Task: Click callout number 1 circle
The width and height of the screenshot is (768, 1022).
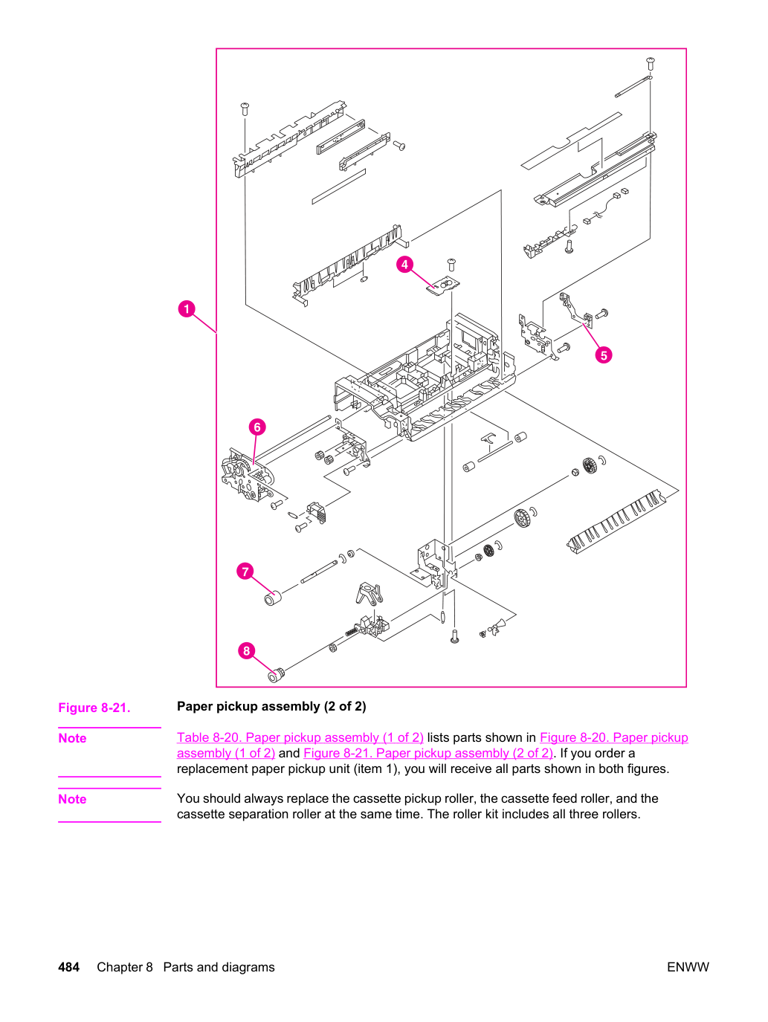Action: click(187, 308)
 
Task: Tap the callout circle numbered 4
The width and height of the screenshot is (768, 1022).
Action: click(404, 265)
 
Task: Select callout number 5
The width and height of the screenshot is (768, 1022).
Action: click(604, 355)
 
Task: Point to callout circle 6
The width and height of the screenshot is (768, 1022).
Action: click(257, 427)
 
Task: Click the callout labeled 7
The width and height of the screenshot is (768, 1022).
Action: click(245, 571)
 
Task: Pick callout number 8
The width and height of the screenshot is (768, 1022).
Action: click(246, 650)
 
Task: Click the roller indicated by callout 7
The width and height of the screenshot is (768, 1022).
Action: click(272, 598)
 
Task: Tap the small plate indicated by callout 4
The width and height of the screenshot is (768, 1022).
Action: click(443, 285)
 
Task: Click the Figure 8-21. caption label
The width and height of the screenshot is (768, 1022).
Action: click(94, 708)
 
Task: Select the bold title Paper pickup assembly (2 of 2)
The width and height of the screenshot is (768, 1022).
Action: click(271, 706)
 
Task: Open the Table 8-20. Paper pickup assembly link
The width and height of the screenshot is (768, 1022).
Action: click(300, 737)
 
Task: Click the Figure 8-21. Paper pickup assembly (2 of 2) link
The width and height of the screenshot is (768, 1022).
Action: click(428, 753)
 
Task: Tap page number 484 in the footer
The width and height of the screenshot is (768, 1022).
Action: click(68, 967)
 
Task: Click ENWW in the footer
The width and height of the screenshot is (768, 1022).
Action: click(688, 967)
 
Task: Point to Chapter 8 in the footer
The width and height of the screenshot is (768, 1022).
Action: click(125, 967)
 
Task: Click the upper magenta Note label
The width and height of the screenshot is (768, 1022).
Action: click(72, 739)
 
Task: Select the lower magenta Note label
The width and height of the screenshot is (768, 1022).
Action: click(72, 799)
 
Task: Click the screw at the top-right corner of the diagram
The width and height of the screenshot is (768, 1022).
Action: click(651, 63)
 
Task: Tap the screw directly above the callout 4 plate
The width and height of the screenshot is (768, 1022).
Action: click(451, 264)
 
